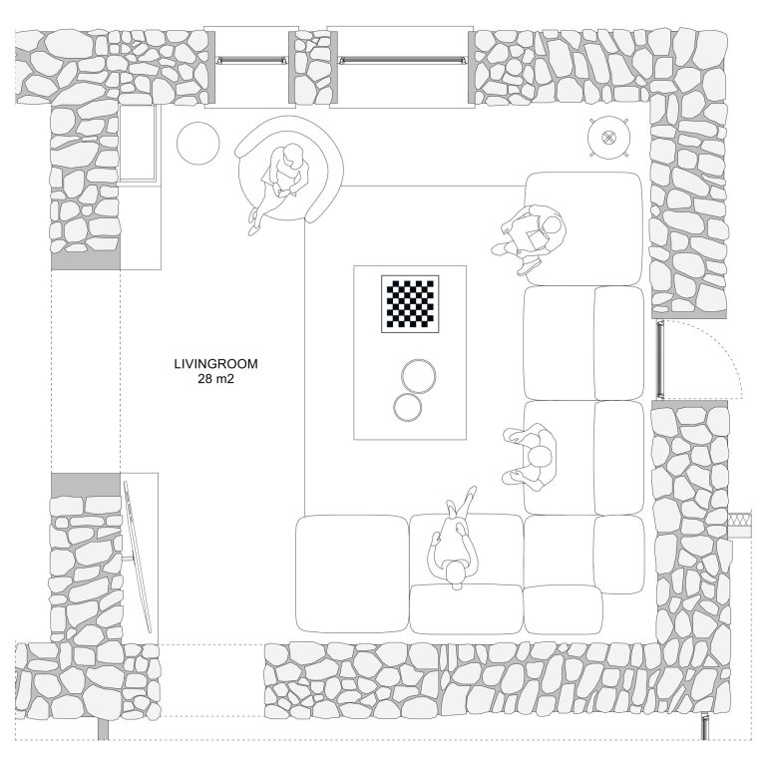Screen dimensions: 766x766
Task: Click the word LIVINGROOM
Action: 215,364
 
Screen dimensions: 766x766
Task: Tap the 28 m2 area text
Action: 215,379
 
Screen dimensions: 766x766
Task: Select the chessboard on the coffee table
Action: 410,304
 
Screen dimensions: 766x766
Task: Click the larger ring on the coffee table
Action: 419,376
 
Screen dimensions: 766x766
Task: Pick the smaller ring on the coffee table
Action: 407,407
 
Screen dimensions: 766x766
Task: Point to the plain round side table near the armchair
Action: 197,144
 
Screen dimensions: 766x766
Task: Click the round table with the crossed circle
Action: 608,138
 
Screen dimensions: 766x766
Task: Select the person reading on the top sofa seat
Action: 529,238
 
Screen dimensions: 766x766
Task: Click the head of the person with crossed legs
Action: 456,573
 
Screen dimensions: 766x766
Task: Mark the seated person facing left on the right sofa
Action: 530,457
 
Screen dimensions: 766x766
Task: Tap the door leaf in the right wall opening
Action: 660,358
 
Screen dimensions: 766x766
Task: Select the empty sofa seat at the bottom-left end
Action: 352,574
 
